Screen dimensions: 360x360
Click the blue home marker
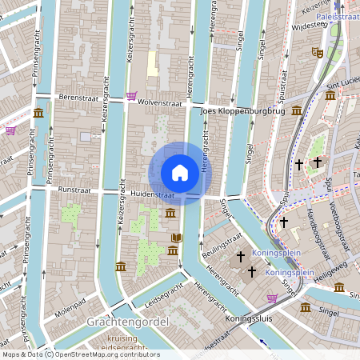pos(180,173)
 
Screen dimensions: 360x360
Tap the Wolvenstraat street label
pos(160,102)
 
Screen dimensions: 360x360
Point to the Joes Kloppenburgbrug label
pos(243,111)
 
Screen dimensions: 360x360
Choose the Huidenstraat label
pos(153,194)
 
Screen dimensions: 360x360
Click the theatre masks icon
pos(317,51)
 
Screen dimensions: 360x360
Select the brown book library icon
pos(176,238)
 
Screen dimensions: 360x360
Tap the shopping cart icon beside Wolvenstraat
pos(130,96)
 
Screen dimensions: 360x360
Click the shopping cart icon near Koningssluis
pos(272,298)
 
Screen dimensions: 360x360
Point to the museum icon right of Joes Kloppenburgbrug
pos(297,110)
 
